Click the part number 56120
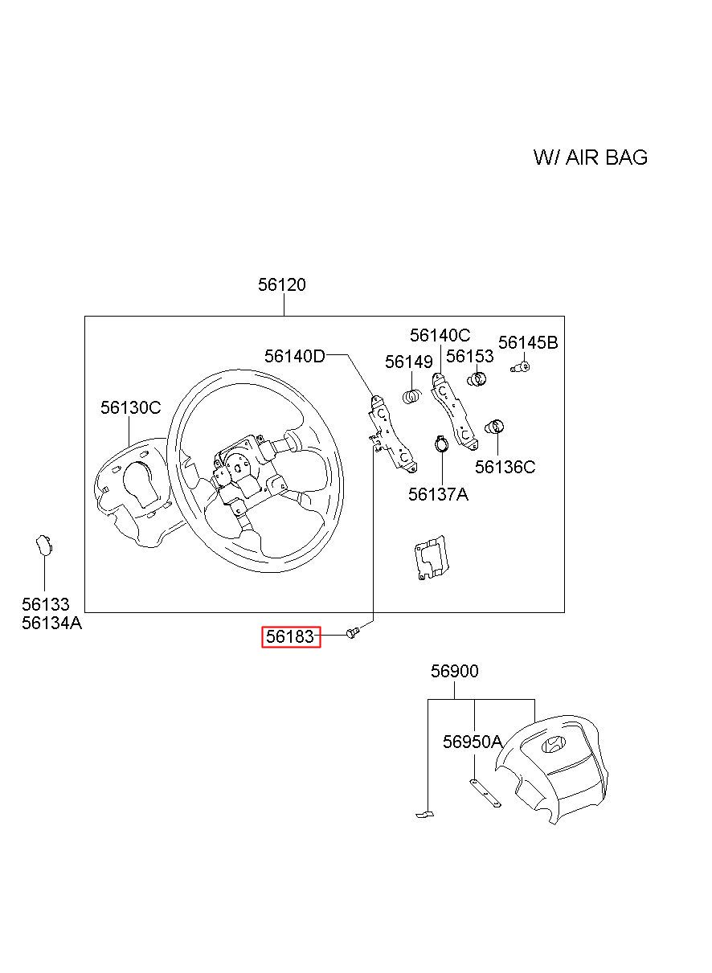click(x=282, y=285)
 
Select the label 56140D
click(x=295, y=356)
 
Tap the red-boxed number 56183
click(x=291, y=637)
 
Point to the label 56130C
click(x=130, y=408)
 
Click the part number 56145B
click(x=528, y=343)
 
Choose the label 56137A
click(x=438, y=494)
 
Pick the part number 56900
click(x=454, y=671)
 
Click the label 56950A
click(x=473, y=742)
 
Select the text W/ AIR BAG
click(x=591, y=157)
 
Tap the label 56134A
click(x=51, y=623)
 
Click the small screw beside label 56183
click(x=352, y=634)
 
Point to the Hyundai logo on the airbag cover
click(x=554, y=744)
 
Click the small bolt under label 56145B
click(x=521, y=368)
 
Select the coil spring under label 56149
click(x=412, y=396)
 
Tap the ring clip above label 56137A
click(x=441, y=443)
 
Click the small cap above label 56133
click(x=43, y=546)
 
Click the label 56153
click(x=470, y=356)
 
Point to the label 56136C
click(x=505, y=467)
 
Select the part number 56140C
click(x=440, y=336)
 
